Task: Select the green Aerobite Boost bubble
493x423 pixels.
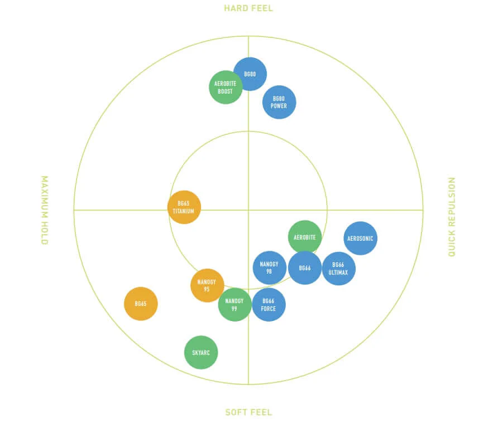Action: pos(225,87)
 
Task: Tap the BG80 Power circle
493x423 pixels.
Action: pos(279,102)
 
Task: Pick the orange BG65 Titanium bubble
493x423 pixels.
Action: pos(184,207)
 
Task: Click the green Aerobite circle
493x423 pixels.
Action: pos(305,237)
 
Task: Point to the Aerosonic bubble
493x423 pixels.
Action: pos(360,238)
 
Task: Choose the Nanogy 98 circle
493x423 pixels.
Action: pos(269,268)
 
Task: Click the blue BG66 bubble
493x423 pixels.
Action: pos(305,268)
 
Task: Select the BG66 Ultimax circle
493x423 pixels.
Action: pos(339,269)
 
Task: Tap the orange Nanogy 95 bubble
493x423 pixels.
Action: pos(207,285)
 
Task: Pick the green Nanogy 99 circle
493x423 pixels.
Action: pos(234,304)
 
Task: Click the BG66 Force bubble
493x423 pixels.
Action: pos(269,305)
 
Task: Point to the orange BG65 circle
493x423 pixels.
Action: pos(141,304)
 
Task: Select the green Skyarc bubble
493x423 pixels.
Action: pos(201,352)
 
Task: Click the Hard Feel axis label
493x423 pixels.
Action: pos(248,8)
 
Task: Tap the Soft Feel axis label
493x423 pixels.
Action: pos(248,412)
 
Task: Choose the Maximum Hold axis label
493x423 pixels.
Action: pos(45,210)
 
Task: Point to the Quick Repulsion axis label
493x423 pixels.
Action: pos(452,217)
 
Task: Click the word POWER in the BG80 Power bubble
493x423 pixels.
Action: pos(279,106)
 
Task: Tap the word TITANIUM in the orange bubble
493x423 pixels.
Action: pos(184,211)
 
